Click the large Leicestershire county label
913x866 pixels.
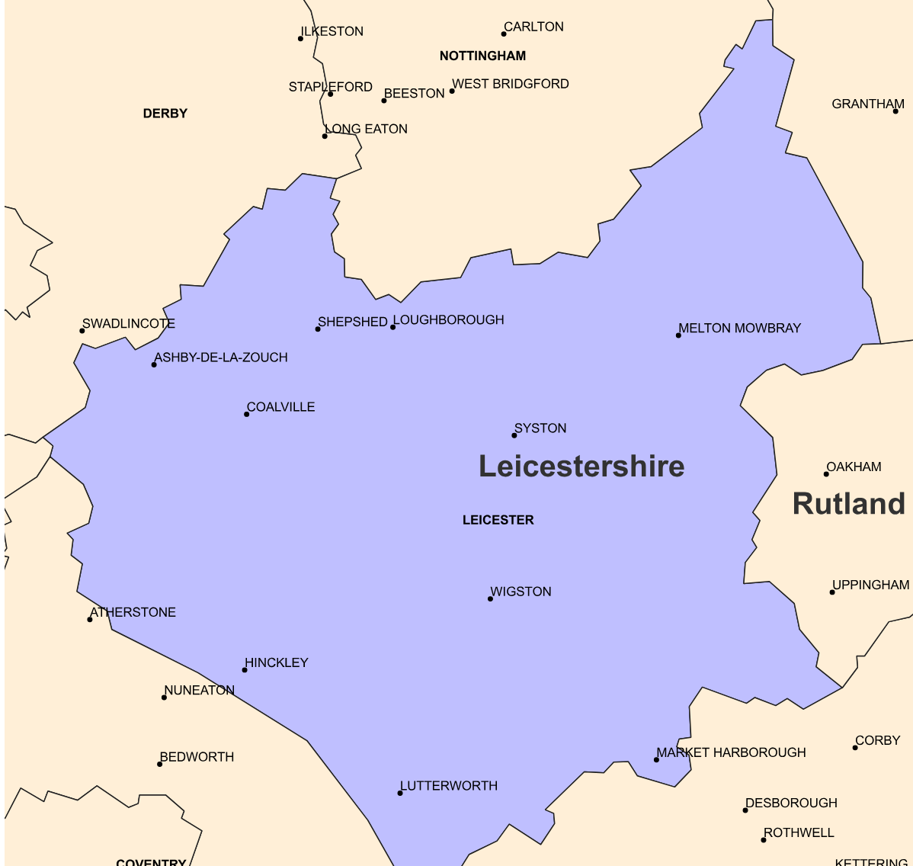pos(581,467)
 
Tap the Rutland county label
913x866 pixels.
pos(848,504)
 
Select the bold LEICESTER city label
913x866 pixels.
pos(498,520)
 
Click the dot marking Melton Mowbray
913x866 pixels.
pos(678,335)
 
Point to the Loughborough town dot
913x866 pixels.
pos(393,327)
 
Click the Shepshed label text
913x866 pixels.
pos(352,322)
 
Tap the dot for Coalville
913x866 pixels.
pos(246,414)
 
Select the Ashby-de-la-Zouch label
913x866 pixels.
pos(221,358)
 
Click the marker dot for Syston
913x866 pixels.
pos(514,435)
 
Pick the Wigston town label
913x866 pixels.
pos(521,592)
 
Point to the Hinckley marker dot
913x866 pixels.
pos(245,670)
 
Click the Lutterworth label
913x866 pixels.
pos(449,786)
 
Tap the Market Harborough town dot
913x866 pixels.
pos(656,759)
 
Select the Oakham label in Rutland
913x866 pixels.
pos(854,467)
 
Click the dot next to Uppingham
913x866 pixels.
pos(832,592)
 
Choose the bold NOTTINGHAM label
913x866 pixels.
pos(482,56)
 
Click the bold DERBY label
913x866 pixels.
pos(165,114)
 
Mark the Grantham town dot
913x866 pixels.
pos(895,111)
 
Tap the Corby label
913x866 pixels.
pos(877,740)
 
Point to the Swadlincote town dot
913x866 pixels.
pos(82,331)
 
